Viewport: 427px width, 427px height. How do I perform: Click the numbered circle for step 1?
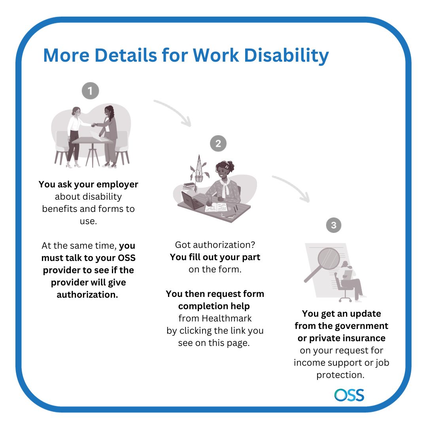click(91, 91)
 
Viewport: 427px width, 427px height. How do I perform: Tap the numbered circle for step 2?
click(218, 143)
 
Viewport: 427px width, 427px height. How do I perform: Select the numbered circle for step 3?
click(334, 225)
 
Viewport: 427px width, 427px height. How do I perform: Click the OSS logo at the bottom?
click(349, 395)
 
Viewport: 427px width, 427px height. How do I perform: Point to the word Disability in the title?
click(287, 56)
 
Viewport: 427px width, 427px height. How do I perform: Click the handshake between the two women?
click(94, 125)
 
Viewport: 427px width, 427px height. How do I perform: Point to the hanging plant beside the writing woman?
click(199, 170)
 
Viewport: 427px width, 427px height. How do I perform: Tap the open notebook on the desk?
click(216, 208)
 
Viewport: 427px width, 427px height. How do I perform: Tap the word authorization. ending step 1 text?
click(87, 295)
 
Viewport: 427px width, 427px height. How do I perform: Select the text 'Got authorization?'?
click(215, 245)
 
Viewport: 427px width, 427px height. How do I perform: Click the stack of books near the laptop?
click(189, 186)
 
